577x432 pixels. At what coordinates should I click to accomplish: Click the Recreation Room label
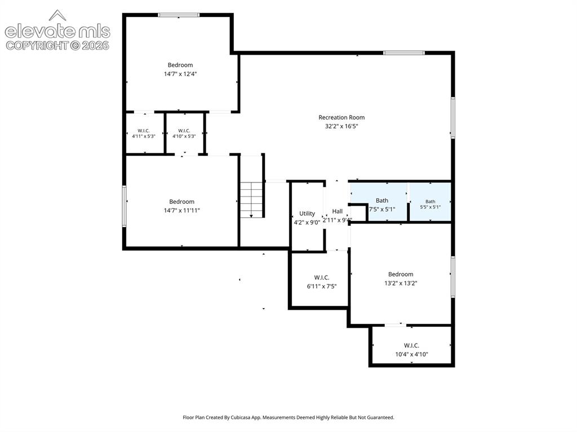pos(341,117)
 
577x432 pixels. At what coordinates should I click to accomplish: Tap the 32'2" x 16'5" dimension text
pos(341,126)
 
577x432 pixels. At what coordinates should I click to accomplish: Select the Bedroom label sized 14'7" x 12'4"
pos(180,65)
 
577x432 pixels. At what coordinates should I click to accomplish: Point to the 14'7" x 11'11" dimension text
pos(182,211)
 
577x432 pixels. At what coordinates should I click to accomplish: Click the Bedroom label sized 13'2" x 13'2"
pos(401,274)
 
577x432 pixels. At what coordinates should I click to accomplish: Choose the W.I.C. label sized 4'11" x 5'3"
pos(144,131)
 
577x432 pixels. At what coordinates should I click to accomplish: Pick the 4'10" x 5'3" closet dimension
pos(184,136)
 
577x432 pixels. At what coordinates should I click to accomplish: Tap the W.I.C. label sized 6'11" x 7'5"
pos(322,278)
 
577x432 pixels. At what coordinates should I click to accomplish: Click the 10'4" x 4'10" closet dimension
pos(411,354)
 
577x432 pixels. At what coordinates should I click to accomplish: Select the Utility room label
pos(307,213)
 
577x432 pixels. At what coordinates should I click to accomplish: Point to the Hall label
pos(337,211)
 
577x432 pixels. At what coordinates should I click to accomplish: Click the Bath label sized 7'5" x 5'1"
pos(382,201)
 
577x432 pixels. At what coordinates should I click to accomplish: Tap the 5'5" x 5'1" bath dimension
pos(430,207)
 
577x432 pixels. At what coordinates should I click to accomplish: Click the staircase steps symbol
pos(252,200)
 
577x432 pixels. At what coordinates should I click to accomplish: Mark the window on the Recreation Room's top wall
pos(404,53)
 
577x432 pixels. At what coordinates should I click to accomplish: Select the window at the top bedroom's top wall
pos(179,15)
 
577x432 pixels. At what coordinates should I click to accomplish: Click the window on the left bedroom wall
pos(125,206)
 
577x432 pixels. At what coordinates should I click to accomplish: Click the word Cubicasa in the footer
pos(241,417)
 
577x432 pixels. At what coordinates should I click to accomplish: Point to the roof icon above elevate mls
pos(57,15)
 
